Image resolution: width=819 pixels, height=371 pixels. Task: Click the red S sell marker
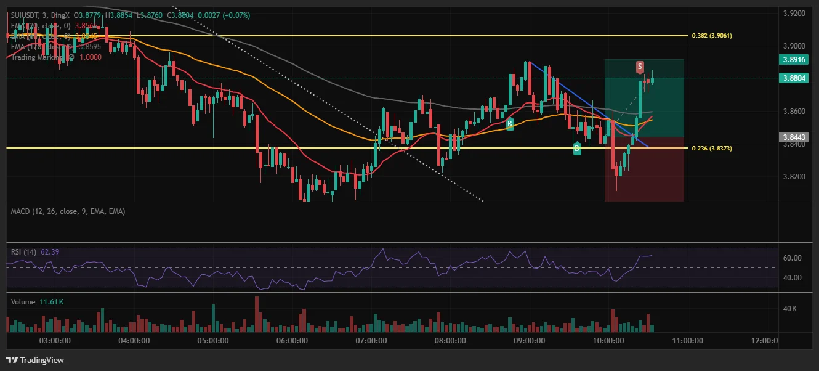tap(640, 66)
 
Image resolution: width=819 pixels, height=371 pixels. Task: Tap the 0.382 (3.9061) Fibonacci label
tap(712, 36)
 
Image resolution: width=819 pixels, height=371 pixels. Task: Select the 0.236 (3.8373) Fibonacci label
tap(712, 148)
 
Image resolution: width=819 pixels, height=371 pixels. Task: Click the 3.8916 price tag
tap(794, 60)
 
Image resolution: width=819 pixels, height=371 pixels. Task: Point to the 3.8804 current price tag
tap(794, 78)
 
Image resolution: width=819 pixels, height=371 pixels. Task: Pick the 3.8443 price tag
tap(794, 137)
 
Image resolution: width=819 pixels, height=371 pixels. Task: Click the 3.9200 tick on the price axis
tap(793, 13)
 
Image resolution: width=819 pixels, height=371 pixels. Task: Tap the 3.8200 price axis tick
tap(793, 177)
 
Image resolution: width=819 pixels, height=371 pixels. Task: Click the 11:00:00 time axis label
tap(687, 340)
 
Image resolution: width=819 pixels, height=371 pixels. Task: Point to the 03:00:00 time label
tap(54, 340)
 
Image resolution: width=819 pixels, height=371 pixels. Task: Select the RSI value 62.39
tap(50, 251)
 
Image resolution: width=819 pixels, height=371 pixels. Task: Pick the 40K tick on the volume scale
tap(789, 309)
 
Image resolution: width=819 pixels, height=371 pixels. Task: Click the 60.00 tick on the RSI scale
tap(791, 258)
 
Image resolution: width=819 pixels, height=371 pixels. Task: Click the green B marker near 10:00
tap(577, 148)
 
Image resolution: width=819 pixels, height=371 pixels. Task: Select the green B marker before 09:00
tap(510, 124)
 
